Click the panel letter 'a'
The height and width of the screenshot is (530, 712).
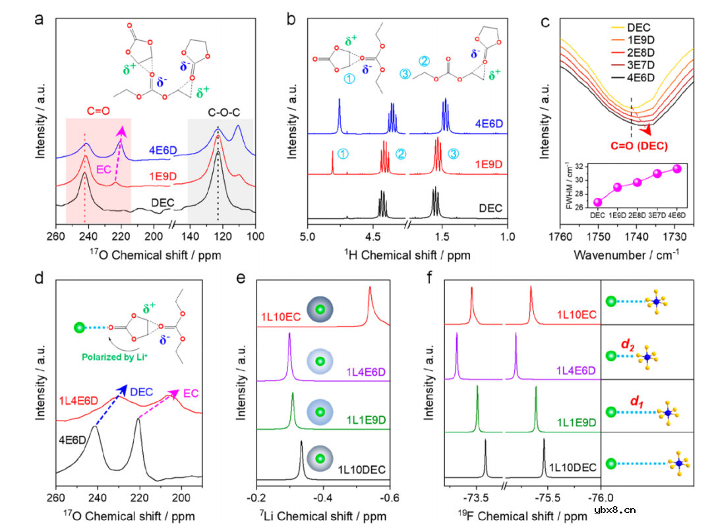40,19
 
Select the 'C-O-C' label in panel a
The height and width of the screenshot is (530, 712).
218,111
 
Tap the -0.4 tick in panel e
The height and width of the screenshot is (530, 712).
322,496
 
